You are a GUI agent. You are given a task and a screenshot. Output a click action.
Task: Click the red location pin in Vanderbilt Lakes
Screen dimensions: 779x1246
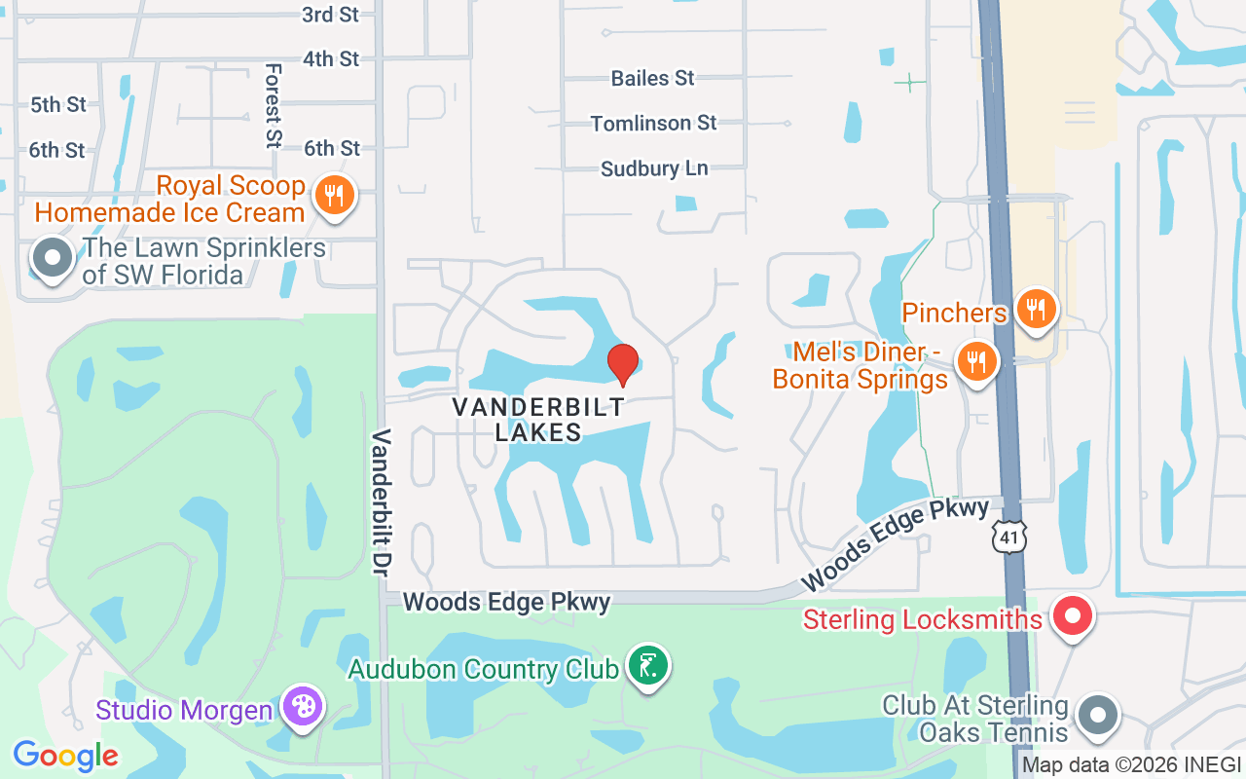[623, 364]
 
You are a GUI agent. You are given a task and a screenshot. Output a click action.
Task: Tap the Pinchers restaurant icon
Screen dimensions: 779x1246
[1037, 310]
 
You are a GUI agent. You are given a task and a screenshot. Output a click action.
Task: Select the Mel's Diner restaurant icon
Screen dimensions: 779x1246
[976, 361]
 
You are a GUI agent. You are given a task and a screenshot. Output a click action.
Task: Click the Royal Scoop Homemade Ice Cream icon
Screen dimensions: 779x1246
[334, 196]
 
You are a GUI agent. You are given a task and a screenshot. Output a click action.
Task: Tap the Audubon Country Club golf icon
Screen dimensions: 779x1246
[648, 667]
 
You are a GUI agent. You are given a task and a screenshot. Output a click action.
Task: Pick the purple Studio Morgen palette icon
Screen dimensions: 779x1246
[303, 708]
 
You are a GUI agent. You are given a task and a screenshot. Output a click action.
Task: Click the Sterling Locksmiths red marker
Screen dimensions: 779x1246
[1073, 617]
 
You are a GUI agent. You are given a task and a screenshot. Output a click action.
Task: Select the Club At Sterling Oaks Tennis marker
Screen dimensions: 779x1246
[1099, 716]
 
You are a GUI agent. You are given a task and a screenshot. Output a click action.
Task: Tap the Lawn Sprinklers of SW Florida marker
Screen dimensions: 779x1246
[53, 259]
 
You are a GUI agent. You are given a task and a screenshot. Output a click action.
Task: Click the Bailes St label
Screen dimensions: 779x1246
[652, 78]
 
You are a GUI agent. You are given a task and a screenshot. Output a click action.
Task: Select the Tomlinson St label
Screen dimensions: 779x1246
[653, 123]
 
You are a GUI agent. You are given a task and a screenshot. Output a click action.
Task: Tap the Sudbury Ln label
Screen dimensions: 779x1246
[653, 168]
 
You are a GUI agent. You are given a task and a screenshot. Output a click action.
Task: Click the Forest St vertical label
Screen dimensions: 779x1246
[274, 105]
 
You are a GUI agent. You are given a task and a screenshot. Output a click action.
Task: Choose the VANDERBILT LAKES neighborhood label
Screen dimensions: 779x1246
[538, 420]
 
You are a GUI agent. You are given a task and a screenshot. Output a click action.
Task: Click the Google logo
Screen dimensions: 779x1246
[65, 756]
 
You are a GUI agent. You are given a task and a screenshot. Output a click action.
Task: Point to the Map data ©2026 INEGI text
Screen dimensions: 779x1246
[1131, 765]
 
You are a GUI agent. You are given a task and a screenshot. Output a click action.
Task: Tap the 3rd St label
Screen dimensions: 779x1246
[331, 14]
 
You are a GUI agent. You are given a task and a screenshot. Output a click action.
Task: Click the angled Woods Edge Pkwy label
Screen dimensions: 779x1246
[895, 543]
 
